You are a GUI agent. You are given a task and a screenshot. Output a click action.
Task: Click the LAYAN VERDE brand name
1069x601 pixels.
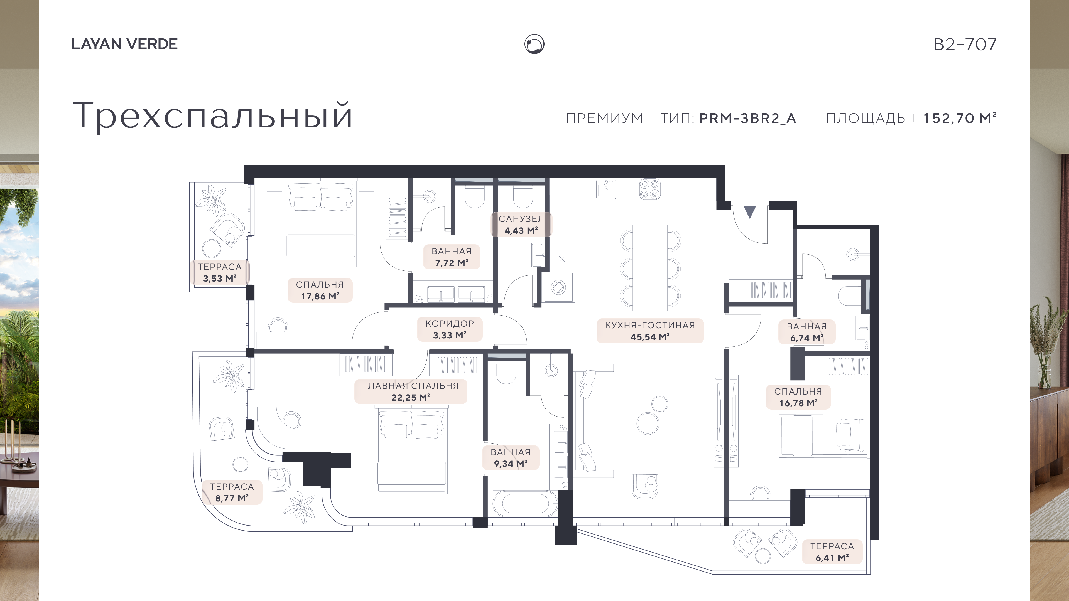[124, 44]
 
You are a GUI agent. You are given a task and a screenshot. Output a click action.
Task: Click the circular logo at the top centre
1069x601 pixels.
[534, 44]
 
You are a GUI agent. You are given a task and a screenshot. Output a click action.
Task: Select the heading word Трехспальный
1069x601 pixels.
[212, 116]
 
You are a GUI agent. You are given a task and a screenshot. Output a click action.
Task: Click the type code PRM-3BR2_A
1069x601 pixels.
[747, 118]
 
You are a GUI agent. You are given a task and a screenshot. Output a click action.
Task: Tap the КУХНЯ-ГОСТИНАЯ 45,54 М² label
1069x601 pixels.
[650, 331]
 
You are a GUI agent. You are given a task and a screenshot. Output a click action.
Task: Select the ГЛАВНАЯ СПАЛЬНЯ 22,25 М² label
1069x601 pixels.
[411, 391]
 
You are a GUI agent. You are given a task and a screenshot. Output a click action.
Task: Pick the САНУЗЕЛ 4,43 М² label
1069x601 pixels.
[521, 224]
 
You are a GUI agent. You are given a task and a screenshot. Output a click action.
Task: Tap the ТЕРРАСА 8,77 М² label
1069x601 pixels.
[232, 492]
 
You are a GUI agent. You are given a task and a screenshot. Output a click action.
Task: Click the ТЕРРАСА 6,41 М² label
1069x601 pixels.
[832, 552]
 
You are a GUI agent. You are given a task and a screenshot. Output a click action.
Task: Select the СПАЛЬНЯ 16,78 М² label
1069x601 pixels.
[798, 397]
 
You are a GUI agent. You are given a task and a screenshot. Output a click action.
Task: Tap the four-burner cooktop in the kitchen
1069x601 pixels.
[650, 189]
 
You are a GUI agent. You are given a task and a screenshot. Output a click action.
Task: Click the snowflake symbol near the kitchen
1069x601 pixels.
[562, 260]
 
